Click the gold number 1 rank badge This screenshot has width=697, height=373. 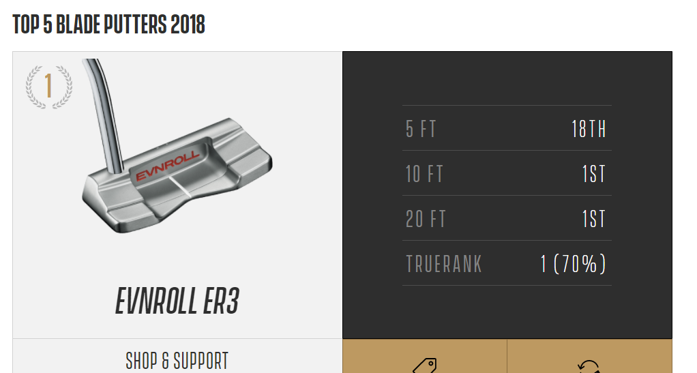[x=49, y=86]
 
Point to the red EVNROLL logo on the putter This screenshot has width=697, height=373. [x=167, y=166]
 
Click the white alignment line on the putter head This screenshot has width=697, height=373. [x=180, y=187]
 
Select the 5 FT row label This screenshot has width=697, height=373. [x=421, y=129]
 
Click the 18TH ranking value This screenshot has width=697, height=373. [x=589, y=129]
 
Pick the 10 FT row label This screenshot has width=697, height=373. [x=424, y=174]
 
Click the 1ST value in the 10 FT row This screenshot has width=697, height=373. [x=594, y=174]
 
